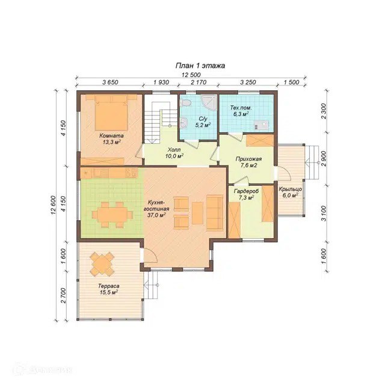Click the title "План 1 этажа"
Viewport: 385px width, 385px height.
tap(200, 66)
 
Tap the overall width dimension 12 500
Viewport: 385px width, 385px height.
tap(191, 75)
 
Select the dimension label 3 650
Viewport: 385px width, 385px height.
tap(110, 82)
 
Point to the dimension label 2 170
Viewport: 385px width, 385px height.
tap(199, 82)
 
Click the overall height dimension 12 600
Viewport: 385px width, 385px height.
tap(54, 205)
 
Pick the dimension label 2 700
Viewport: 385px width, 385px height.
tap(63, 295)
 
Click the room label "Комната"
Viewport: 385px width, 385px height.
tap(111, 135)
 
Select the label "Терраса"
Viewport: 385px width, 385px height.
tap(108, 286)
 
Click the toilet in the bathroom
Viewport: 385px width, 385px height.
tap(185, 103)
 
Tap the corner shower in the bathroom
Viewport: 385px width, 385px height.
tap(209, 103)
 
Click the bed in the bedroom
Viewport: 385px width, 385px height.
tap(111, 112)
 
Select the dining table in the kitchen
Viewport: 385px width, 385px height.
tap(112, 215)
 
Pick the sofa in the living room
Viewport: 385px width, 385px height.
tap(214, 212)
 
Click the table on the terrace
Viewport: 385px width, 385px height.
tap(102, 263)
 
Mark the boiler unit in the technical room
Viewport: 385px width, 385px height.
tap(262, 125)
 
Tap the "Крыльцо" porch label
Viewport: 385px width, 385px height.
tap(290, 189)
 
